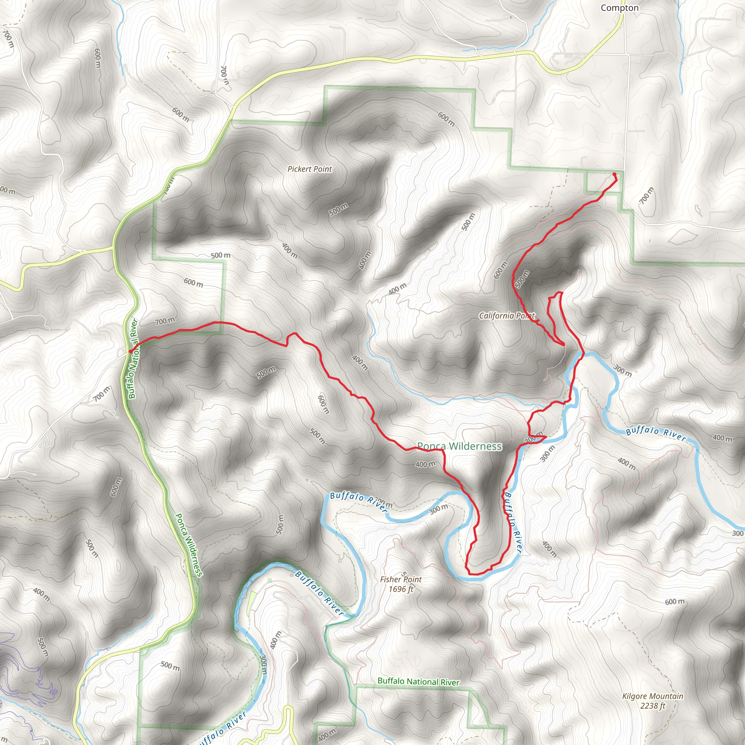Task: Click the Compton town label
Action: (619, 8)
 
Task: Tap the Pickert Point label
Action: (310, 169)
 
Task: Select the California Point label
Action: (507, 316)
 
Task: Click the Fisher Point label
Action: (401, 579)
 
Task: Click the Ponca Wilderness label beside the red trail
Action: (459, 446)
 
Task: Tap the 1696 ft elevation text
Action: (401, 589)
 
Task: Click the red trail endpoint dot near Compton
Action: (614, 175)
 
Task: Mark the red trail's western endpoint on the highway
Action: (131, 351)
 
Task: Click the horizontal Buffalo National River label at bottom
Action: (418, 681)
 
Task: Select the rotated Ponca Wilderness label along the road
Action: (188, 545)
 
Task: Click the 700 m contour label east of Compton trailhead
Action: (647, 196)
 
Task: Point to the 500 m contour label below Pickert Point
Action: (338, 210)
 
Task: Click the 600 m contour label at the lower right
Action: (674, 602)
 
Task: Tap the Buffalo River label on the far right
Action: (656, 434)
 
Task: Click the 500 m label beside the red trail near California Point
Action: (522, 279)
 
